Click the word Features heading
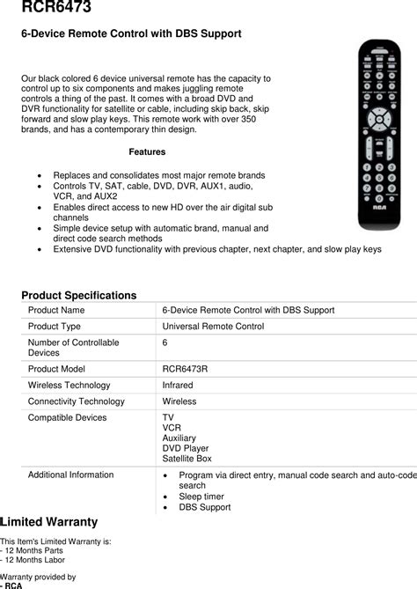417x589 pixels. tap(147, 151)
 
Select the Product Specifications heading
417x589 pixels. tap(78, 295)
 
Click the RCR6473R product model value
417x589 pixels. tap(185, 370)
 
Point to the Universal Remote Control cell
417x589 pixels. tap(213, 327)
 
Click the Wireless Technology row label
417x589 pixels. tap(69, 386)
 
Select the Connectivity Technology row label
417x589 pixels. tap(76, 401)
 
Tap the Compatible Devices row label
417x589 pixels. tap(67, 417)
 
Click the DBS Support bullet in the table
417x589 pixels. tap(204, 508)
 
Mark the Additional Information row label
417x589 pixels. tap(70, 475)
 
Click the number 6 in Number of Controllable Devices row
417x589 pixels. tap(165, 342)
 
